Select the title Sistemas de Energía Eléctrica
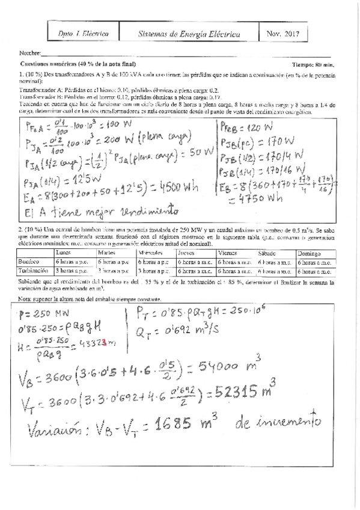click(x=189, y=35)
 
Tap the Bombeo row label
click(x=31, y=263)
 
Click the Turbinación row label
click(x=35, y=271)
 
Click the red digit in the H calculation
click(x=104, y=343)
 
